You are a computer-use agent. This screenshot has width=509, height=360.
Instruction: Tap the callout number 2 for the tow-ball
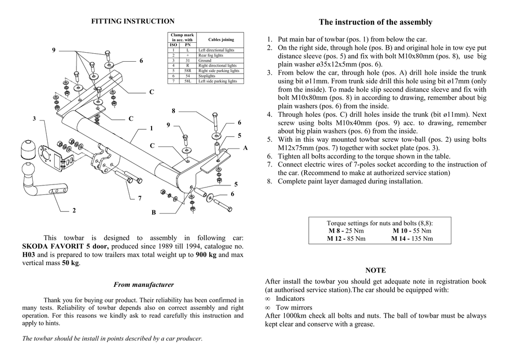[x=74, y=210]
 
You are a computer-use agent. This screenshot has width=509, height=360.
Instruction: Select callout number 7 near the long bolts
[x=140, y=198]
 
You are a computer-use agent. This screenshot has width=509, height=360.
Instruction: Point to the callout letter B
[x=154, y=213]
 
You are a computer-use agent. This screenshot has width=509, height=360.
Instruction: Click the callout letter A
[x=245, y=148]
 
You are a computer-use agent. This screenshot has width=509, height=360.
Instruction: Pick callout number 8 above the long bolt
[x=173, y=110]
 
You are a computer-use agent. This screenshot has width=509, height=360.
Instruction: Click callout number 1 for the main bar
[x=151, y=128]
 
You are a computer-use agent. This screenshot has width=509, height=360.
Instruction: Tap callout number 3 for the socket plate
[x=34, y=118]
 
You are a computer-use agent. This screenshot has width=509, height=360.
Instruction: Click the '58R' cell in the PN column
[x=187, y=71]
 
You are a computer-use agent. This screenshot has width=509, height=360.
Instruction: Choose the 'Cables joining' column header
[x=221, y=39]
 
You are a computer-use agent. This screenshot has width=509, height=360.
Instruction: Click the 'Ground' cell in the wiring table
[x=205, y=61]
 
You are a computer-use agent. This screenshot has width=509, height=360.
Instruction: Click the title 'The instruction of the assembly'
[x=375, y=22]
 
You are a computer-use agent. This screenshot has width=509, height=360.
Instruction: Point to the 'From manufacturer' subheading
[x=144, y=285]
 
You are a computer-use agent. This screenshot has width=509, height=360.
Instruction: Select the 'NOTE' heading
[x=375, y=270]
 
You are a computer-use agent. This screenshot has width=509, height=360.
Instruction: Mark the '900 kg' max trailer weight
[x=206, y=255]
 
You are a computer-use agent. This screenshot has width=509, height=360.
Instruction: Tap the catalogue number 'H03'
[x=29, y=255]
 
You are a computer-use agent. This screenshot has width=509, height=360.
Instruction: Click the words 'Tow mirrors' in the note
[x=290, y=307]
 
